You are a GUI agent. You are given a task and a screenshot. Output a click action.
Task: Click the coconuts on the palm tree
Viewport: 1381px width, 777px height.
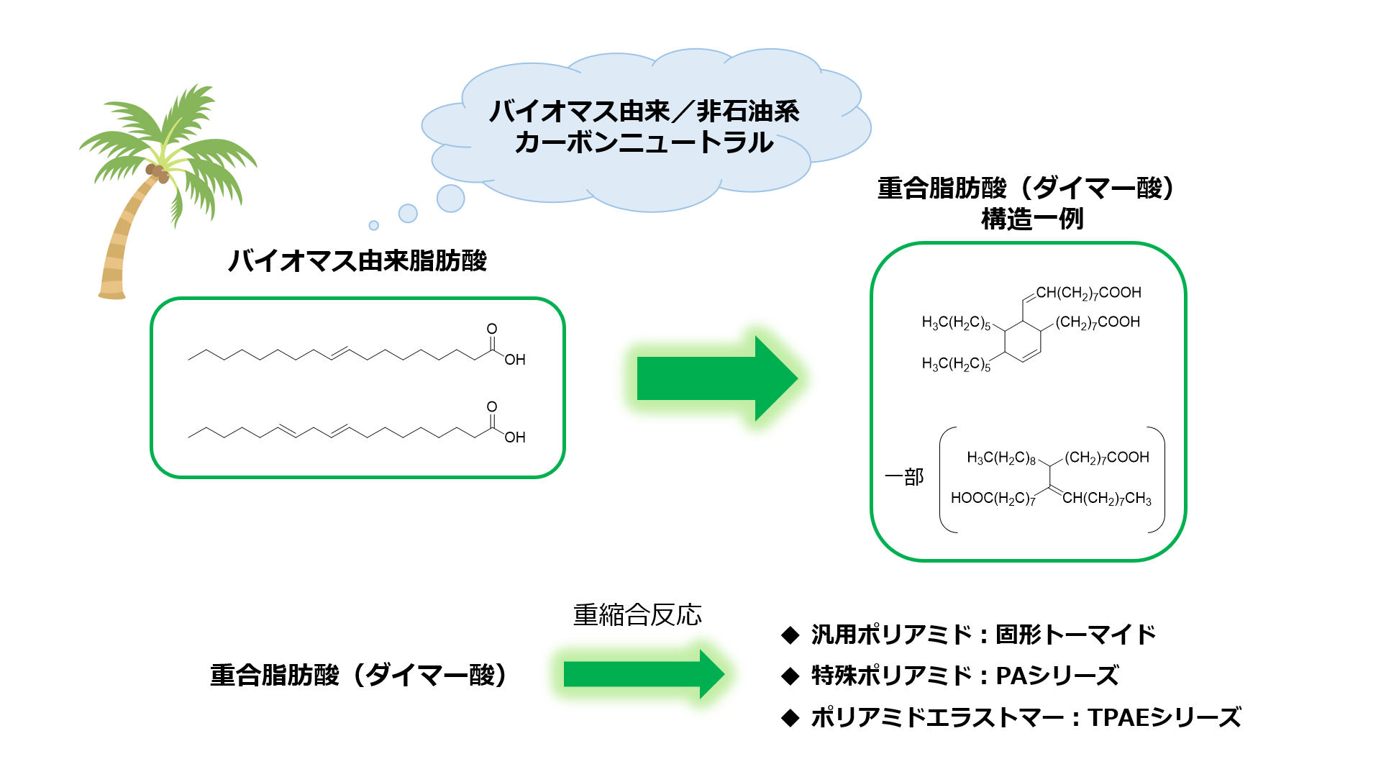[158, 173]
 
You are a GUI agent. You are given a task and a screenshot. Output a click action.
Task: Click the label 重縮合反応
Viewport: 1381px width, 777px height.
[637, 615]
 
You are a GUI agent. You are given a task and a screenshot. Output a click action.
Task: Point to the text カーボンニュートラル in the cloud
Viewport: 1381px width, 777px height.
[644, 142]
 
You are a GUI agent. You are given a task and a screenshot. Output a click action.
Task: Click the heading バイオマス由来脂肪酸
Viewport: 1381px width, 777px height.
[357, 260]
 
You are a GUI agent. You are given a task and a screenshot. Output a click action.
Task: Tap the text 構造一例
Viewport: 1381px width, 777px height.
[1032, 219]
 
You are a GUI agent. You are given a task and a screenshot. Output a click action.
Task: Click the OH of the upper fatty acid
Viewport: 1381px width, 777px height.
[515, 360]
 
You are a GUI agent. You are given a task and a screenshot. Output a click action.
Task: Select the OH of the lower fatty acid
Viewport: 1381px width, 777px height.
[515, 437]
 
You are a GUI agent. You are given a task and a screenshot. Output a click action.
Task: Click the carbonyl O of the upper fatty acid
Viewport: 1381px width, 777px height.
[492, 329]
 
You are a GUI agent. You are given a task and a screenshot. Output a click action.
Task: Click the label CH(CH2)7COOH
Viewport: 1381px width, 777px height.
[1088, 293]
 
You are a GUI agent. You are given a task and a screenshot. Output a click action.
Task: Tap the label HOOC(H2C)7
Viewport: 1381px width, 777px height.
[993, 498]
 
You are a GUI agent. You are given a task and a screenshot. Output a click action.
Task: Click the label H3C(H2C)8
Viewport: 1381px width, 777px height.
[1001, 458]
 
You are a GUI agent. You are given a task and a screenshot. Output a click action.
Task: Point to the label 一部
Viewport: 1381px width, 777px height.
[904, 477]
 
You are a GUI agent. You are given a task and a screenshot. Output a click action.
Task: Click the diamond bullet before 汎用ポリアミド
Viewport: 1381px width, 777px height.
[790, 635]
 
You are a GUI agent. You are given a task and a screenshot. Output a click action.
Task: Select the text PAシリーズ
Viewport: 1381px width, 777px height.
[1057, 676]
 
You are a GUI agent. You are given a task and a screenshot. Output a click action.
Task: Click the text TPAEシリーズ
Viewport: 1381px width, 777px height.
[1164, 717]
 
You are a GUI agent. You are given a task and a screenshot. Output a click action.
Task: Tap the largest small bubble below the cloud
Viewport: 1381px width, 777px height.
[451, 199]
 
